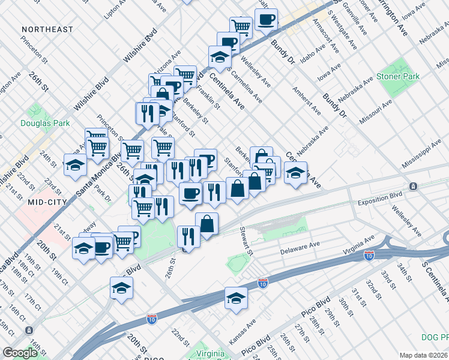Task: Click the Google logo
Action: pyautogui.click(x=20, y=353)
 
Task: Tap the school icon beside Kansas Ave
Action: pyautogui.click(x=237, y=298)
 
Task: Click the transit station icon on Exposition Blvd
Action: pyautogui.click(x=413, y=187)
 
